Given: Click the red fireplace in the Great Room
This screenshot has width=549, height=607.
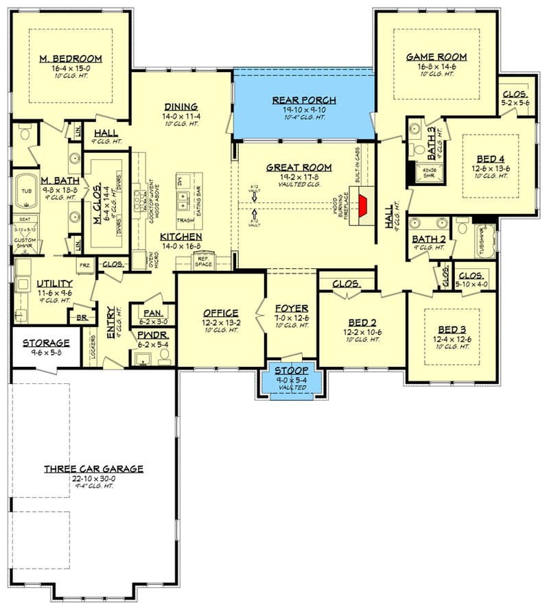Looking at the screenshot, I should (364, 203).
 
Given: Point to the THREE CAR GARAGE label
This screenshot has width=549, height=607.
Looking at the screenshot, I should (93, 469).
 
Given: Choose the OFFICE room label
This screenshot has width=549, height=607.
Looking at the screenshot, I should (220, 313).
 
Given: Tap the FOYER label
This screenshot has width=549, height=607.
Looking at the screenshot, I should (291, 308).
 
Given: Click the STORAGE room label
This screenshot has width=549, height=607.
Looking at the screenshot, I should (45, 343).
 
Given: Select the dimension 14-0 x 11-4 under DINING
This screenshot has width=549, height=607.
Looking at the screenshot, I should (181, 117).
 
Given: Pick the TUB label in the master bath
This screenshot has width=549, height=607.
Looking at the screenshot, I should (27, 192).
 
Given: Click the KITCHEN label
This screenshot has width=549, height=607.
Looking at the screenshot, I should (181, 236).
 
